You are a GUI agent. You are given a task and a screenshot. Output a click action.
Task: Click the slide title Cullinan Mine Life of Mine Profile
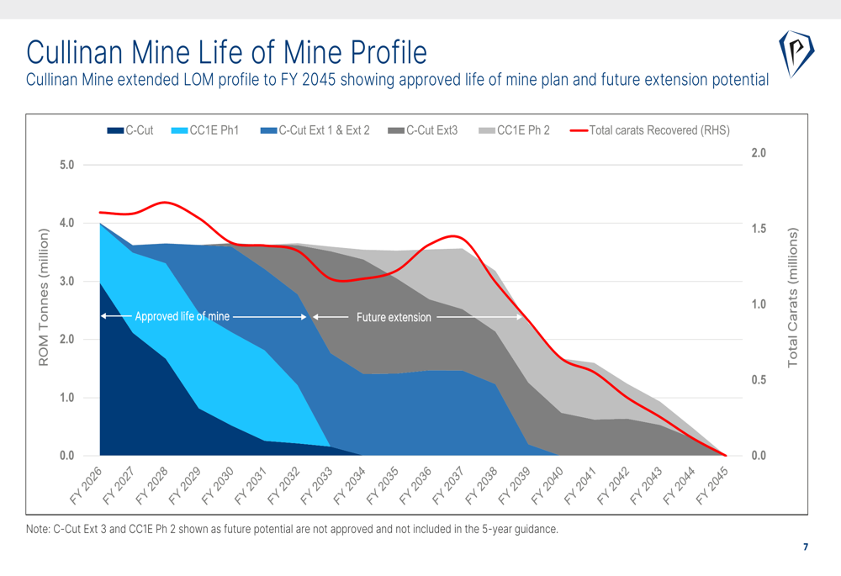[226, 51]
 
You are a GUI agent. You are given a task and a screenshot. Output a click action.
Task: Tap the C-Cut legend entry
[131, 130]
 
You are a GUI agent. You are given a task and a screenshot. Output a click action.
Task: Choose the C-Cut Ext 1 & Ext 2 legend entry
[316, 130]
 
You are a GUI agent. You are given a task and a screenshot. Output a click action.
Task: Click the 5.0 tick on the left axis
[66, 165]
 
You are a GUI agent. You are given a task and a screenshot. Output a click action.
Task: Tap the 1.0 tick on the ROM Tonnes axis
[66, 398]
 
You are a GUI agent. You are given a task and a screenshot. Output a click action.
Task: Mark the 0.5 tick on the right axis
[758, 380]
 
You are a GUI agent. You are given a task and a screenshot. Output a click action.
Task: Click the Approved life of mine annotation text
[182, 317]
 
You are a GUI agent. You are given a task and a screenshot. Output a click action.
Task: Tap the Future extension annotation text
[394, 318]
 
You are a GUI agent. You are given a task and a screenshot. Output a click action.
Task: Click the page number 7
[805, 547]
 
